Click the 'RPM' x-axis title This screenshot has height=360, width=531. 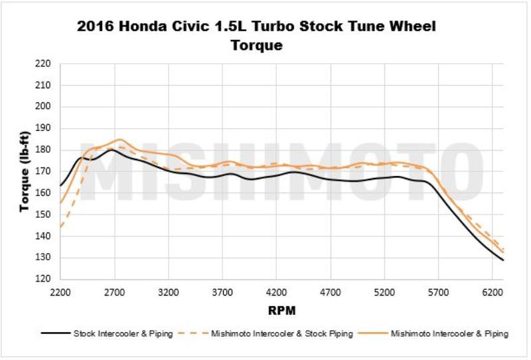[282, 310]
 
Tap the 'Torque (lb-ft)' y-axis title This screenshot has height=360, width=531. [25, 171]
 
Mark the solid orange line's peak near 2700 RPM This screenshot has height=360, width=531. [119, 139]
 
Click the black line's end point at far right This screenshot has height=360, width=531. [503, 260]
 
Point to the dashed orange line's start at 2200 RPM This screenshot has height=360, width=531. [60, 227]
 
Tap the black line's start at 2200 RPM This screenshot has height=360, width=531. [60, 185]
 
